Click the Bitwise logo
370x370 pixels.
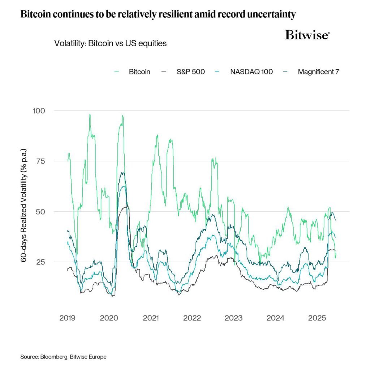307,35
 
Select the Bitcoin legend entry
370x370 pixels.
139,72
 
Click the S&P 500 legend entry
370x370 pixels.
190,72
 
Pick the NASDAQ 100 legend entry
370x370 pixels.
251,72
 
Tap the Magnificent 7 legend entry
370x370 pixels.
318,72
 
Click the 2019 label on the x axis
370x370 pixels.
67,318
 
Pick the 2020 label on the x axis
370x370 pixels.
109,318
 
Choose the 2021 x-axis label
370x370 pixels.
151,318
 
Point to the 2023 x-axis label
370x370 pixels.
234,318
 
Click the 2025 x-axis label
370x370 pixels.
317,318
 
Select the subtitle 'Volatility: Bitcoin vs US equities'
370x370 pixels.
110,43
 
